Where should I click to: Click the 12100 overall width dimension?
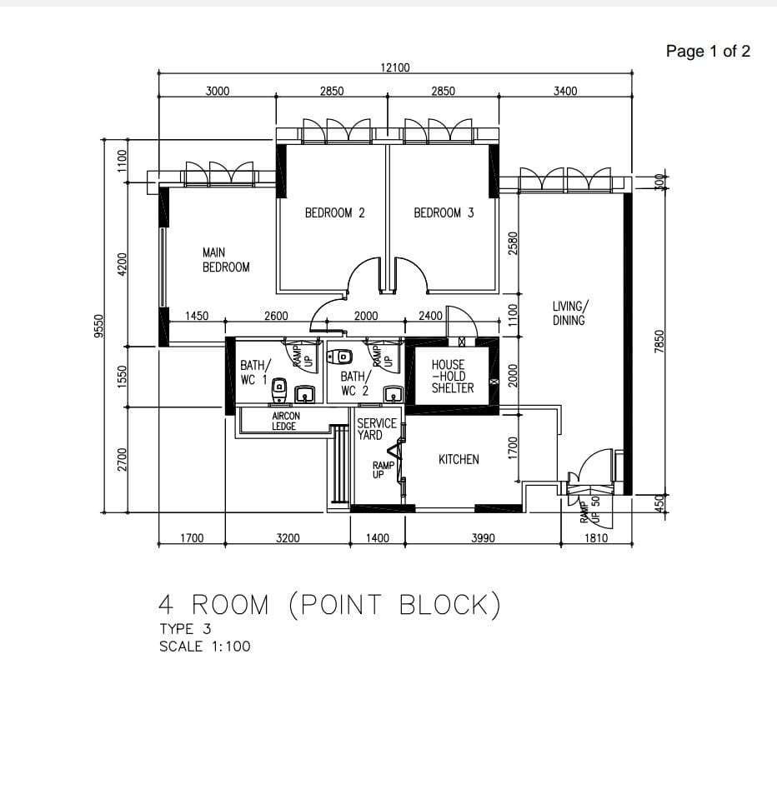pos(395,67)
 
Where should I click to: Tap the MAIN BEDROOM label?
pos(225,260)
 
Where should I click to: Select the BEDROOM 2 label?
pos(334,213)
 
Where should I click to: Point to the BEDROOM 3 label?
pos(444,213)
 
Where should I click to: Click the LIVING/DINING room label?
pos(570,313)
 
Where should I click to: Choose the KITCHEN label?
pos(459,459)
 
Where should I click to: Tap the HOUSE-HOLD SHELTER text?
pos(453,377)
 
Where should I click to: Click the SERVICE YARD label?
pos(377,429)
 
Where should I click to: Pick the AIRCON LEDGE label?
pos(285,421)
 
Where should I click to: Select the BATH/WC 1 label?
pos(254,372)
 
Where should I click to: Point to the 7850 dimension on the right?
pos(659,341)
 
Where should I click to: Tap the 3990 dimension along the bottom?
pos(483,538)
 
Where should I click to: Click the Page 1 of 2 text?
pos(708,52)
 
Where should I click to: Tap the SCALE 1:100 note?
pos(204,646)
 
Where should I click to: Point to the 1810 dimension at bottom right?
pos(595,538)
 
